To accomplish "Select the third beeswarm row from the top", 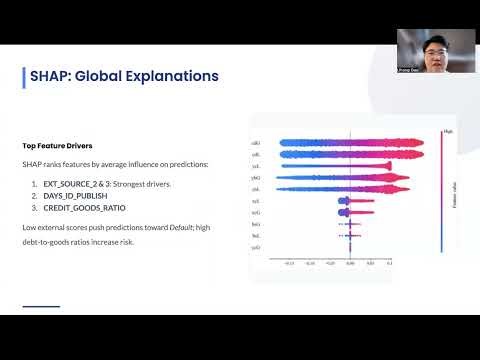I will click(345, 167).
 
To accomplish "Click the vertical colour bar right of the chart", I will click(441, 190).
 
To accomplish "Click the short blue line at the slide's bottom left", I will click(41, 306).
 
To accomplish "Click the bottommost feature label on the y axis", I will click(256, 246).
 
